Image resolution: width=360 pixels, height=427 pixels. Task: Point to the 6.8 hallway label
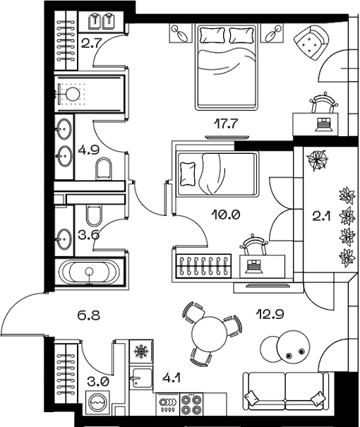click(89, 316)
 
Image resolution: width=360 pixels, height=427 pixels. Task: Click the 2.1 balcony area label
click(321, 217)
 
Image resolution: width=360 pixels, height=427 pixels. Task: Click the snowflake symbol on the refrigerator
click(140, 351)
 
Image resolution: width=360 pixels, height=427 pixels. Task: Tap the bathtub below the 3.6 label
click(90, 272)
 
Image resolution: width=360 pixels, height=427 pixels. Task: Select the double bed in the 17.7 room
click(226, 64)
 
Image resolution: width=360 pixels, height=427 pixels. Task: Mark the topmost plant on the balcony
click(318, 161)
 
